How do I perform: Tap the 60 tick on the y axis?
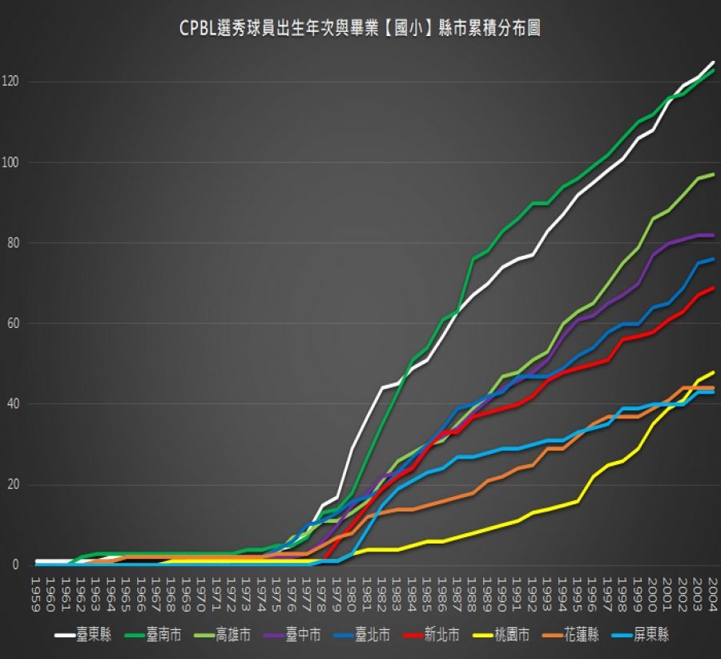click(x=13, y=324)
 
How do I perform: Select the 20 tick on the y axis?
click(x=13, y=484)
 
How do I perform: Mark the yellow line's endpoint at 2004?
click(x=713, y=372)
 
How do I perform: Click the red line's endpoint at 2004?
click(x=713, y=288)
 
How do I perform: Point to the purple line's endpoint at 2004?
click(x=713, y=235)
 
